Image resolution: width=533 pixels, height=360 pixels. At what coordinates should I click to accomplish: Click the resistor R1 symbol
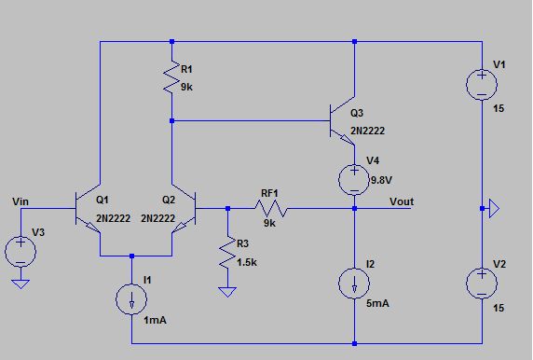pos(171,79)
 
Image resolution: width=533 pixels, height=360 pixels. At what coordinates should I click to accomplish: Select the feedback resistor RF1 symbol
pos(271,210)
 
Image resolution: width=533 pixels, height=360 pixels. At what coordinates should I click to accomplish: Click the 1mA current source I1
pos(132,298)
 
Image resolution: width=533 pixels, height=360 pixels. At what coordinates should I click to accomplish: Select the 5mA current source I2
pos(355,284)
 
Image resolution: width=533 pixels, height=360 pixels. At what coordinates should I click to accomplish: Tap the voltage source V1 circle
pos(482,85)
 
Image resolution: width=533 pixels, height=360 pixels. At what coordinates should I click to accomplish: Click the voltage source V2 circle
pos(482,283)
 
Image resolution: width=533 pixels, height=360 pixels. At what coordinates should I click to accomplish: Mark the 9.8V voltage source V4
pos(355,177)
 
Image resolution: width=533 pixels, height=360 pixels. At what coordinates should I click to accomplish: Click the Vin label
pos(22,201)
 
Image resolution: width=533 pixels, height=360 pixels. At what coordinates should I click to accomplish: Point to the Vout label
pos(402,201)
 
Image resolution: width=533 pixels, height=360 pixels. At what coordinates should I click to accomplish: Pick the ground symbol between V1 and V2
pos(494,209)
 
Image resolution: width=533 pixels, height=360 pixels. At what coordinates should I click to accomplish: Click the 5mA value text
pos(378,303)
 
